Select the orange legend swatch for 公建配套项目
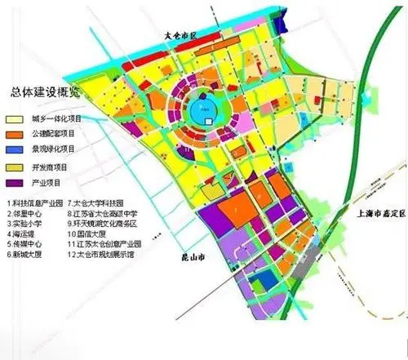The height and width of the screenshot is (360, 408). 15,132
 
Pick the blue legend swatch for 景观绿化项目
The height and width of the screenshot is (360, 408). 15,150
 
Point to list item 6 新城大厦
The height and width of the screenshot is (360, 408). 25,254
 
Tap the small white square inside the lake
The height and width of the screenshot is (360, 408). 208,119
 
